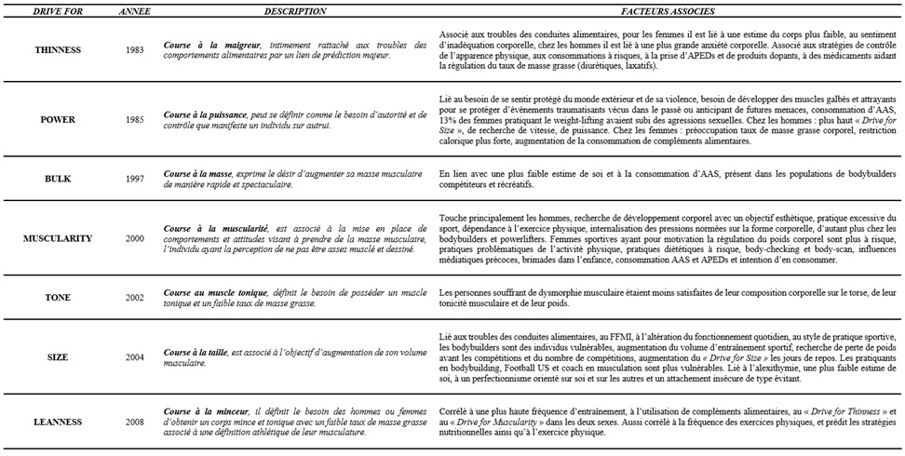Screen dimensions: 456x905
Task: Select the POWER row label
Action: (x=57, y=119)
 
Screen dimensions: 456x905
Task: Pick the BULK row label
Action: (x=57, y=179)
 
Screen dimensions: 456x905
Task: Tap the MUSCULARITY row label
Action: (x=57, y=238)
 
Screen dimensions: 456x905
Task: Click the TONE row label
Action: (x=57, y=298)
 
